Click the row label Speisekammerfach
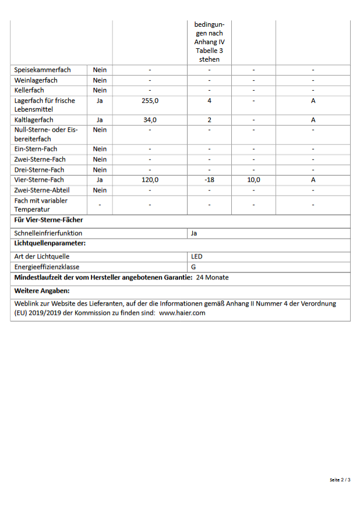coord(43,70)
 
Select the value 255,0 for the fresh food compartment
coord(150,101)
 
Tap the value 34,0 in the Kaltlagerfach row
coord(150,120)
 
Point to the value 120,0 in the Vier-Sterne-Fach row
coord(150,180)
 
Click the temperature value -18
coord(209,180)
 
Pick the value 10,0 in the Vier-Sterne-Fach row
coord(253,180)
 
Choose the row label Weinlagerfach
coord(36,80)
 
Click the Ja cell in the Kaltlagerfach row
coord(100,120)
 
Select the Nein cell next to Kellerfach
coord(100,90)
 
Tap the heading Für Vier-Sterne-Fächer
coord(48,220)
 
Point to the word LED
coord(196,256)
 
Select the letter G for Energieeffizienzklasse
coord(193,267)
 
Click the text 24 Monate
coord(213,278)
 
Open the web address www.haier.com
coord(182,313)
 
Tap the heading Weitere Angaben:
coord(42,290)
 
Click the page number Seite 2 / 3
coord(340,480)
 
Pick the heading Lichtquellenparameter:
coord(50,243)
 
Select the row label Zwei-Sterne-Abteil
coord(42,190)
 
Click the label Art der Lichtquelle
coord(42,256)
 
